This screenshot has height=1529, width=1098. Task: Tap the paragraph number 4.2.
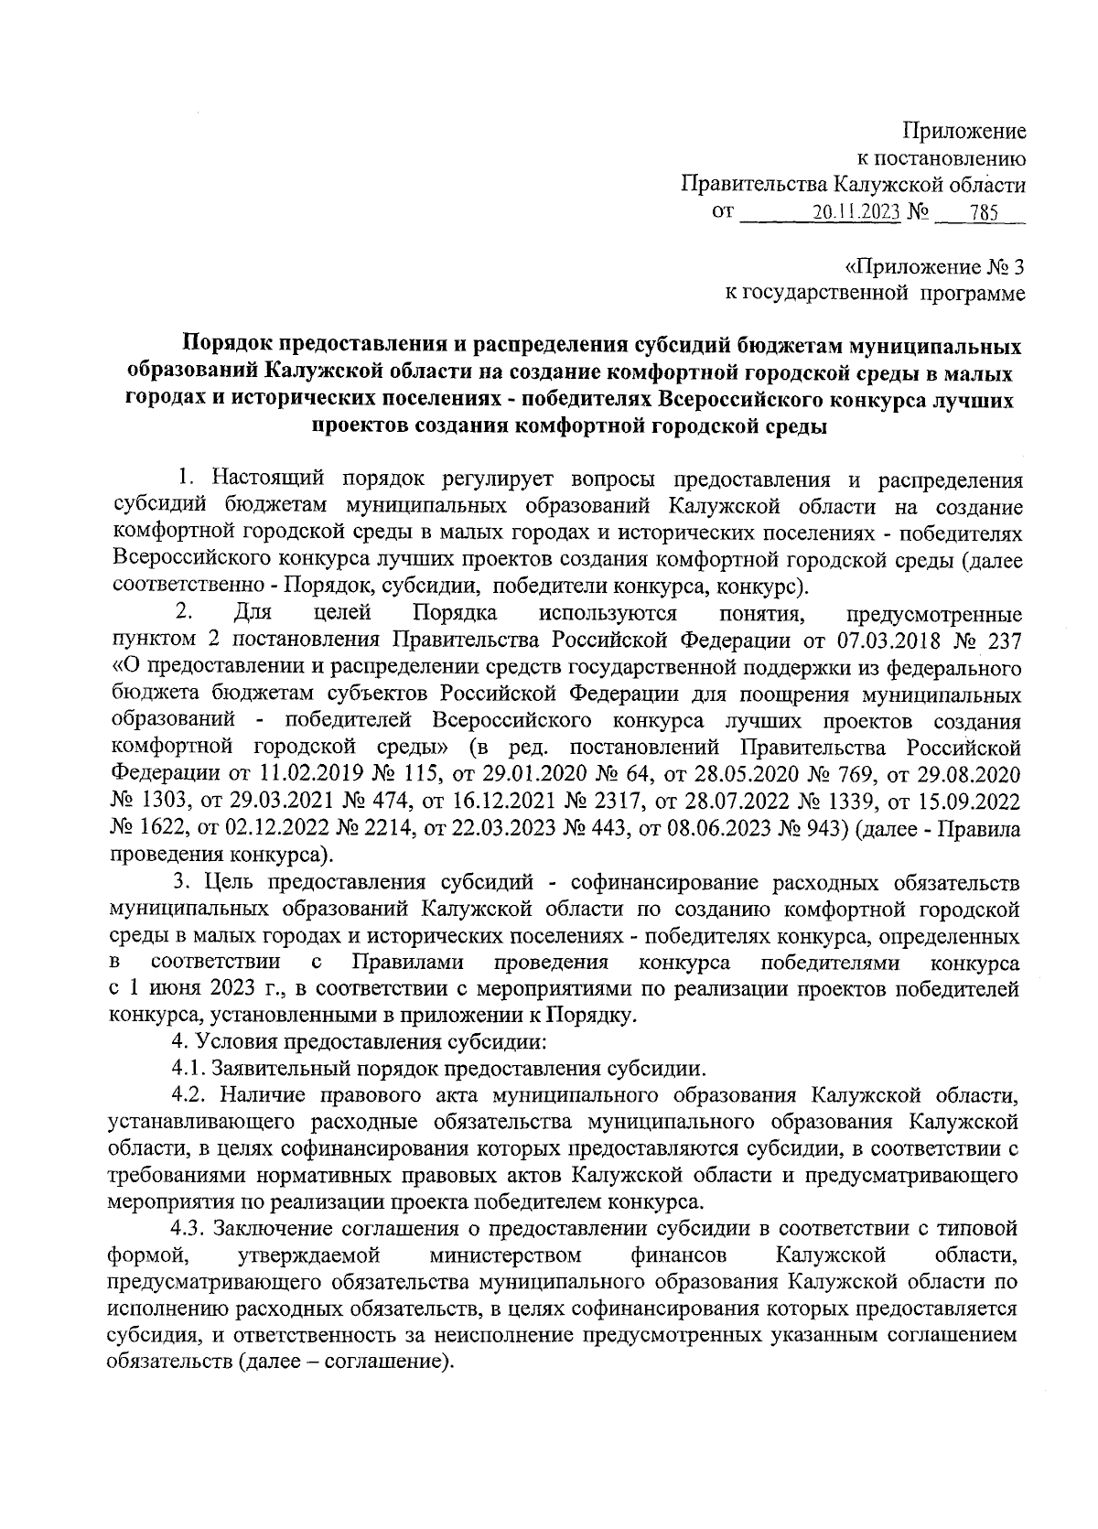[191, 1095]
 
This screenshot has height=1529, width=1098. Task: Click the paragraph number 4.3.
[191, 1227]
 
